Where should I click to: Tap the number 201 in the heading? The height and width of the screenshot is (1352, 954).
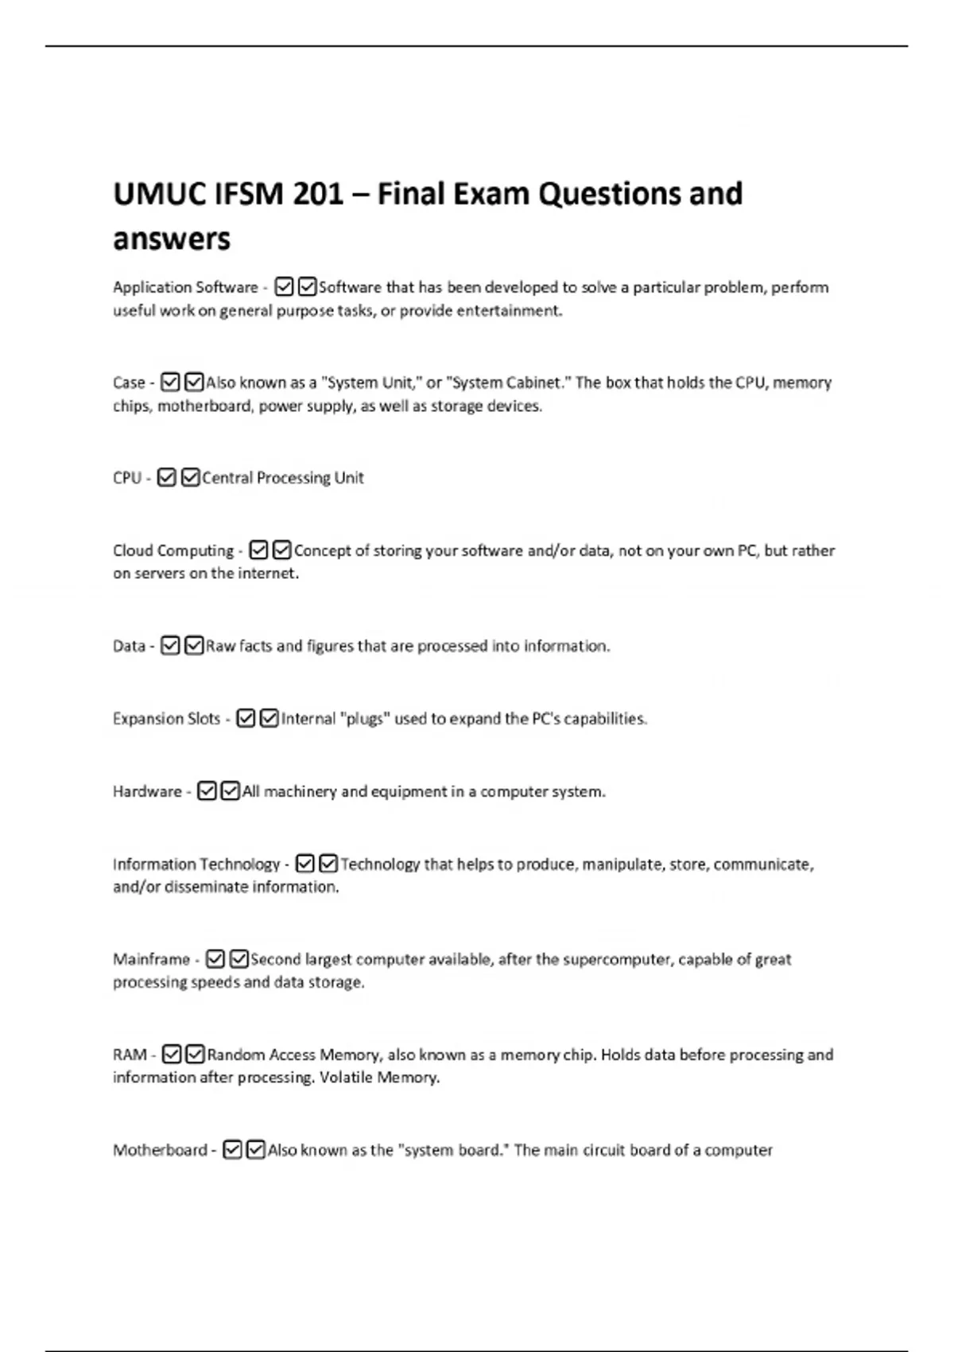tap(318, 194)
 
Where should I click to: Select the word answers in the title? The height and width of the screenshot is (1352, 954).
tap(172, 239)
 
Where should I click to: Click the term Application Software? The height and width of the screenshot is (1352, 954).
tap(185, 287)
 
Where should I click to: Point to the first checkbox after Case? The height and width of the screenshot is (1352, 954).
tap(170, 383)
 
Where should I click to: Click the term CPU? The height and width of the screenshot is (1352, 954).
tap(127, 478)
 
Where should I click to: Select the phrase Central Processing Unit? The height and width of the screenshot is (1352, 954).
tap(283, 478)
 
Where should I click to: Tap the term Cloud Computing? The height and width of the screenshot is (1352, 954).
tap(173, 550)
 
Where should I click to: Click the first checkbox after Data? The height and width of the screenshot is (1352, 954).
tap(170, 646)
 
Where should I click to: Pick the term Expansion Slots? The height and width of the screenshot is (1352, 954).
tap(166, 719)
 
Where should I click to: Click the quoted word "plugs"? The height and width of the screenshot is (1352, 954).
tap(365, 719)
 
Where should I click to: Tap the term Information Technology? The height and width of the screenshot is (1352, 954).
tap(196, 864)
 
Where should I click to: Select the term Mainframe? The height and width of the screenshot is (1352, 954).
tap(151, 959)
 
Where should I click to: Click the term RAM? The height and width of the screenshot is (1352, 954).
tap(130, 1055)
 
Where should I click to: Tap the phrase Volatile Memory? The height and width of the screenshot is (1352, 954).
tap(379, 1078)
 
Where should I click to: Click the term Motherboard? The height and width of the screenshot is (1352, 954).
tap(160, 1150)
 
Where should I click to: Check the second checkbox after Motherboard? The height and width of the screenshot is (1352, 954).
tap(256, 1150)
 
